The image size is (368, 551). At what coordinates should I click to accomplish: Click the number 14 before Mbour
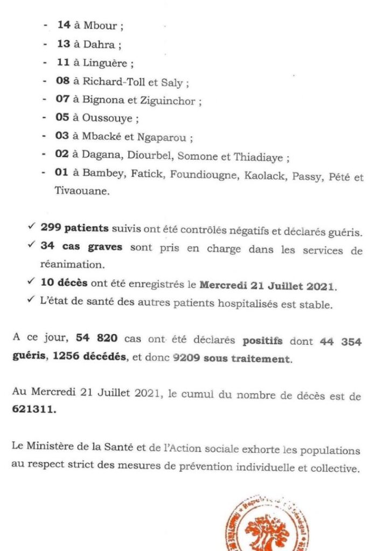click(64, 25)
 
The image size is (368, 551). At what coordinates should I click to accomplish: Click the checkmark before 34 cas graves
click(32, 246)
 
